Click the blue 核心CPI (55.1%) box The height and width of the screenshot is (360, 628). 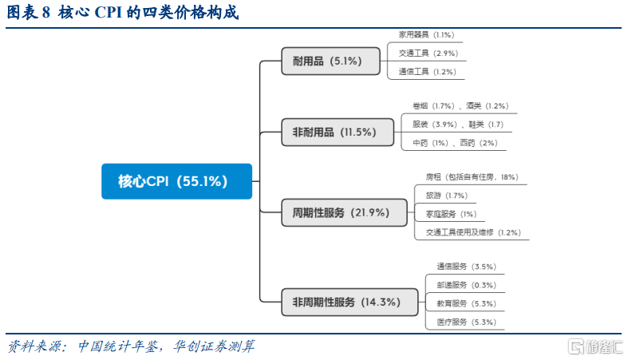coord(176,181)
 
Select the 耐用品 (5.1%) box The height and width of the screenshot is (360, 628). coord(331,61)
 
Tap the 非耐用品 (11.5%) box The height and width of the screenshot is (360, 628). coord(338,133)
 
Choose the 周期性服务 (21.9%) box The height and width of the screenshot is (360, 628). coord(344,212)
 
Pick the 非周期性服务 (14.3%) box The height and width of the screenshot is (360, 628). coord(350,302)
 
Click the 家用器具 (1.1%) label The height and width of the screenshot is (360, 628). coord(426,35)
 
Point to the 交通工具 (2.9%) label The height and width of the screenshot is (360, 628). coord(429,53)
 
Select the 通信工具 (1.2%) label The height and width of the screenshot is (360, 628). coord(428,72)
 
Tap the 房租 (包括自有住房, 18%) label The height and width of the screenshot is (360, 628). coord(472,177)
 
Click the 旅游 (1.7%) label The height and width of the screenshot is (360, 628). coord(447,196)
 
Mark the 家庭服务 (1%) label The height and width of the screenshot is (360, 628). coord(451,214)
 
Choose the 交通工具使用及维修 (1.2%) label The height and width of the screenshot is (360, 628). coord(473,232)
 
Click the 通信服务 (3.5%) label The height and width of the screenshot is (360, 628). coord(466,267)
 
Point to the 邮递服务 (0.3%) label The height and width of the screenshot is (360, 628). coord(466,285)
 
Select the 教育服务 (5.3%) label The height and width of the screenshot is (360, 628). coord(466,303)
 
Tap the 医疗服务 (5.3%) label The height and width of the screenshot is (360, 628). coord(466,322)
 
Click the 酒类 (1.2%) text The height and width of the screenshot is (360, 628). coord(487,106)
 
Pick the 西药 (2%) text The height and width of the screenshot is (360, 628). coord(479,143)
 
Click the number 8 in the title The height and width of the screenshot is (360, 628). coord(46,13)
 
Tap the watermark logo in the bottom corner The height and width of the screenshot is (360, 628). coord(595,346)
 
